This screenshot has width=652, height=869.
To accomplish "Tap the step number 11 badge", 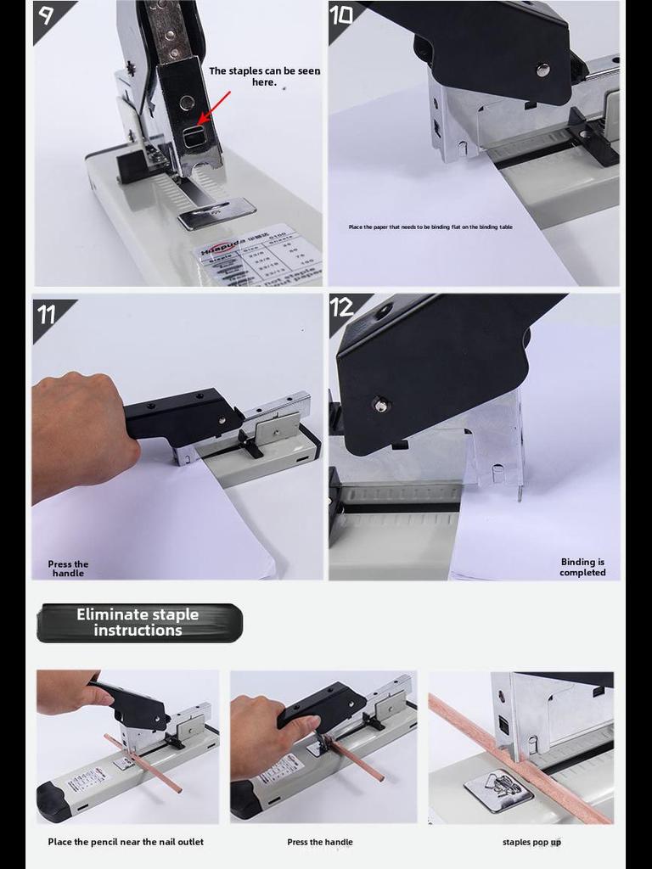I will [48, 314].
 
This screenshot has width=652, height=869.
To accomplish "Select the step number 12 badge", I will [343, 307].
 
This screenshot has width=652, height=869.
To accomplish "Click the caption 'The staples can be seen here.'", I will [264, 76].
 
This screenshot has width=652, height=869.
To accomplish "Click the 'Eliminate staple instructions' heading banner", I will [139, 623].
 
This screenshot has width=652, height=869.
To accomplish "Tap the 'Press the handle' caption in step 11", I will [68, 569].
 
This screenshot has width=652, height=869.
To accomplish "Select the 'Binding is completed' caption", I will [582, 567].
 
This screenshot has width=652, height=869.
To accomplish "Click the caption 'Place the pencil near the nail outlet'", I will [126, 842].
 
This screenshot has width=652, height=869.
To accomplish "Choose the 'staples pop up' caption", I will [531, 842].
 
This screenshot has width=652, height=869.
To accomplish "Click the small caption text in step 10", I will [430, 227].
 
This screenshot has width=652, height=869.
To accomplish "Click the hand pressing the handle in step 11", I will [81, 433].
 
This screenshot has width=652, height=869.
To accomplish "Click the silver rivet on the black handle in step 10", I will [542, 70].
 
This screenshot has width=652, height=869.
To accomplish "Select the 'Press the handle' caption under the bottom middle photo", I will [320, 842].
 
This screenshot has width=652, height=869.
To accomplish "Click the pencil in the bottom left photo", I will [144, 764].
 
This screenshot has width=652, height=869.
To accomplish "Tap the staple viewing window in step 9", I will [195, 134].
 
